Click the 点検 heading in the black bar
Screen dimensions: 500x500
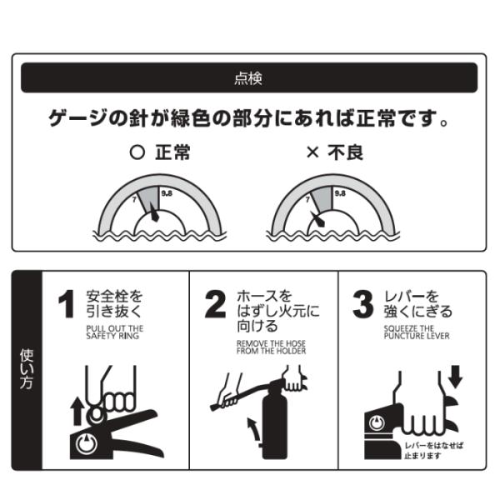tap(248, 78)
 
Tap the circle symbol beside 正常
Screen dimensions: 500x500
tap(137, 152)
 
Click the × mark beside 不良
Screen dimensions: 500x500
tap(312, 152)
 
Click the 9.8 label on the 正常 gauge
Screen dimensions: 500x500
tap(167, 193)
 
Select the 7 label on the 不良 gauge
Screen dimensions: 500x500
tap(307, 200)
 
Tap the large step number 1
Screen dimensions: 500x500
tap(67, 304)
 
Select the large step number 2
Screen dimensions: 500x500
tap(215, 304)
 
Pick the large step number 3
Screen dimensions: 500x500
tap(362, 304)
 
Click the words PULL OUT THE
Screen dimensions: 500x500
tap(115, 328)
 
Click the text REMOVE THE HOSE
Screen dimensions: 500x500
tap(271, 343)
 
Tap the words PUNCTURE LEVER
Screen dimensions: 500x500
tap(417, 336)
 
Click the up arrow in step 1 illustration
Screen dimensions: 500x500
tap(77, 412)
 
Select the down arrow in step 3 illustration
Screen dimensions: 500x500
tap(455, 377)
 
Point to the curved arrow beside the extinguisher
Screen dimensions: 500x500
tap(253, 430)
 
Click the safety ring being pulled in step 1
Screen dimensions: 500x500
tap(97, 414)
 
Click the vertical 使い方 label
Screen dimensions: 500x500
tap(27, 369)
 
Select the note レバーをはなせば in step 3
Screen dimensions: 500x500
tap(433, 446)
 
